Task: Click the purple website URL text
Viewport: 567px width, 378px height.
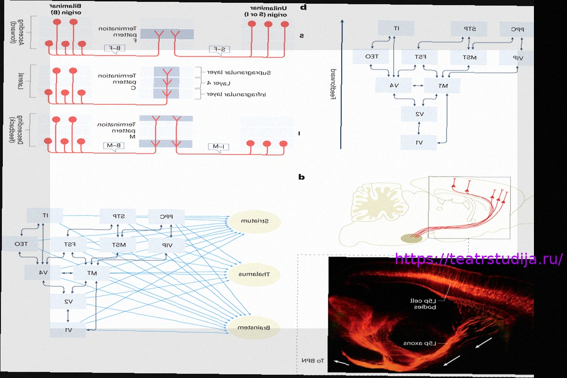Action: click(479, 259)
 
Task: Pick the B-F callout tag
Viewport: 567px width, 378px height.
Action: click(115, 48)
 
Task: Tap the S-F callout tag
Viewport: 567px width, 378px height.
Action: click(219, 49)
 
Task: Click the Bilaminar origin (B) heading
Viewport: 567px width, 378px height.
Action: click(65, 8)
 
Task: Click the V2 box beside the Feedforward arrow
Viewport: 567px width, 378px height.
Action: click(419, 114)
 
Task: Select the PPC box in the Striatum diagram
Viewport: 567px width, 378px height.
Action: click(166, 217)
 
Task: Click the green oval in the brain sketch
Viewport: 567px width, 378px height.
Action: click(412, 239)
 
